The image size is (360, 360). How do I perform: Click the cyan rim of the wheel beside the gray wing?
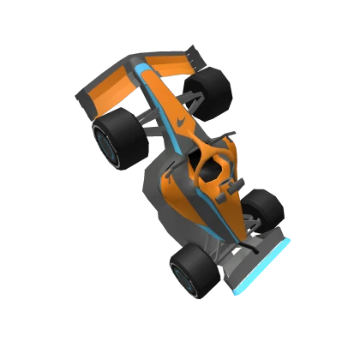[181, 278]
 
